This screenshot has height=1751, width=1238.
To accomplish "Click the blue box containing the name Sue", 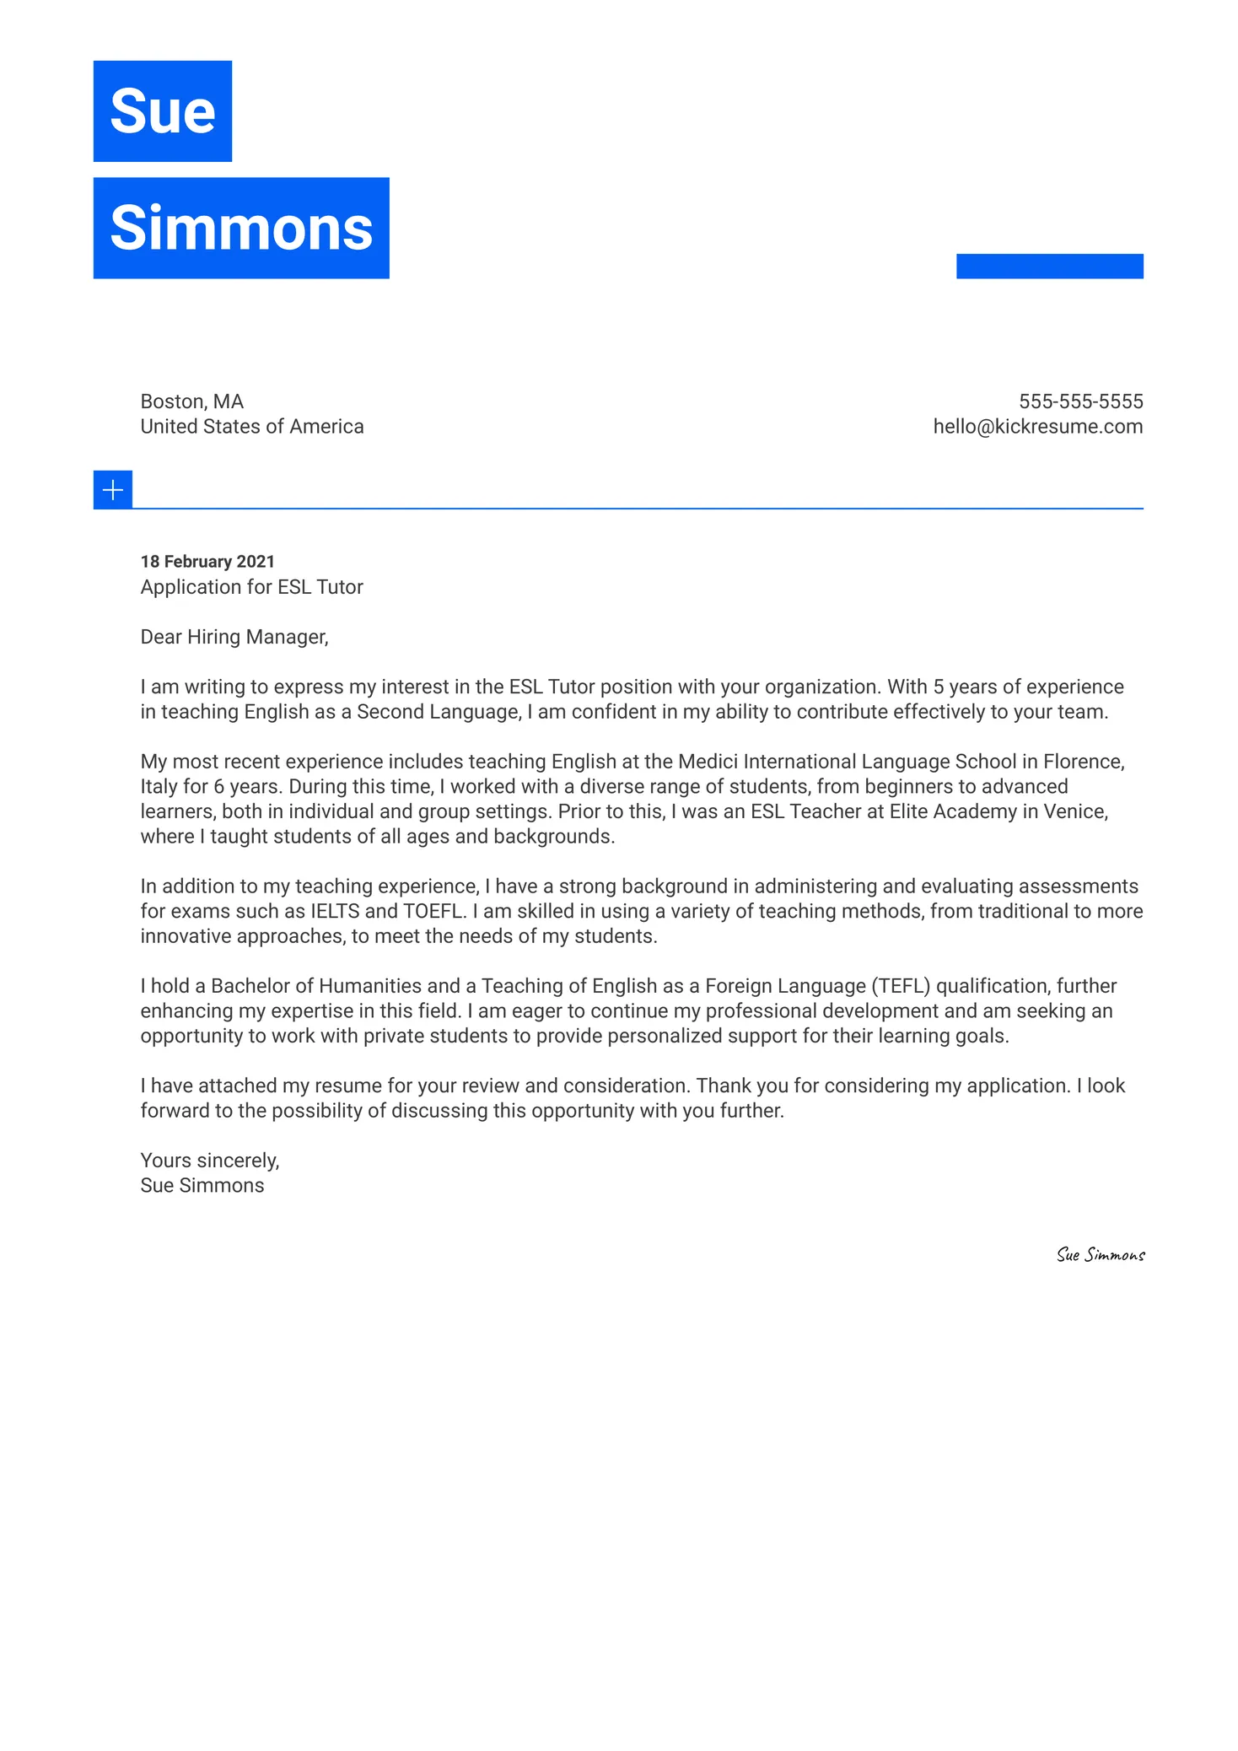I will pos(162,110).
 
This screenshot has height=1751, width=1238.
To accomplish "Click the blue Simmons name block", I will pos(240,228).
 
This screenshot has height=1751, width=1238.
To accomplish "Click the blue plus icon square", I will pos(112,489).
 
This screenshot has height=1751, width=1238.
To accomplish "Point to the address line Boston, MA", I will pos(191,401).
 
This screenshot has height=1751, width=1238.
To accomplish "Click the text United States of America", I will pos(251,427).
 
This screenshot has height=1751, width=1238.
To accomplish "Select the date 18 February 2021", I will pos(207,562).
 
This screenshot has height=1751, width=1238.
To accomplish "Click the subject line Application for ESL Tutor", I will pos(251,587).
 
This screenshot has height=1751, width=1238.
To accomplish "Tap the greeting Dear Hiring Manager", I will pos(234,637).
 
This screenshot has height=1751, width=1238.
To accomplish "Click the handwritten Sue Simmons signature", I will pos(1100,1255).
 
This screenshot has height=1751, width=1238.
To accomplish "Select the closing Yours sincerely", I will pos(209,1161).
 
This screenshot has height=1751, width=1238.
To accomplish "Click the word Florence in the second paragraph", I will pos(1083,762).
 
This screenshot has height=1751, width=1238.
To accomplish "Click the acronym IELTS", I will pos(335,912).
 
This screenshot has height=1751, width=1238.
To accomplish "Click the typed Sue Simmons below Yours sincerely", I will pos(202,1186).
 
